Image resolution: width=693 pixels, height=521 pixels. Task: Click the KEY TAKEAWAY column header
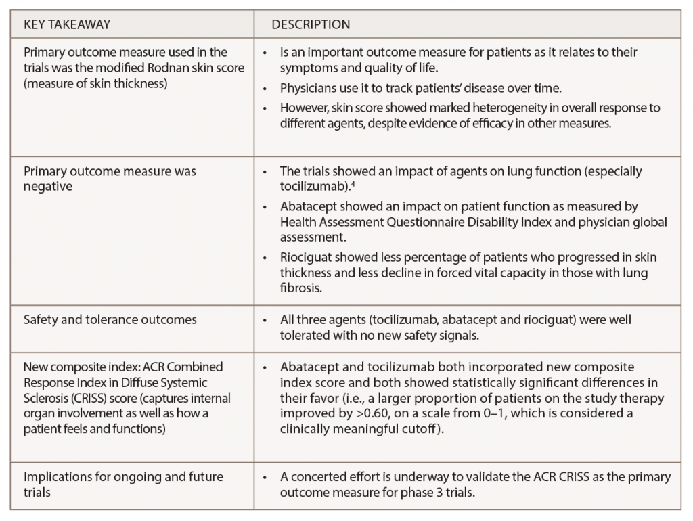pos(67,25)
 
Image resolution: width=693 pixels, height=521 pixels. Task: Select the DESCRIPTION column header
pos(311,25)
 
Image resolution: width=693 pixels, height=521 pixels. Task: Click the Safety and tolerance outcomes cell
pos(110,319)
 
